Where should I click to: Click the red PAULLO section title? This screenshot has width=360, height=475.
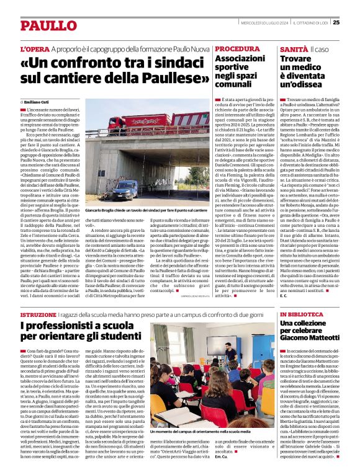(42, 25)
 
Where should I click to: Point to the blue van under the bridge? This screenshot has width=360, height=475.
(126, 188)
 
